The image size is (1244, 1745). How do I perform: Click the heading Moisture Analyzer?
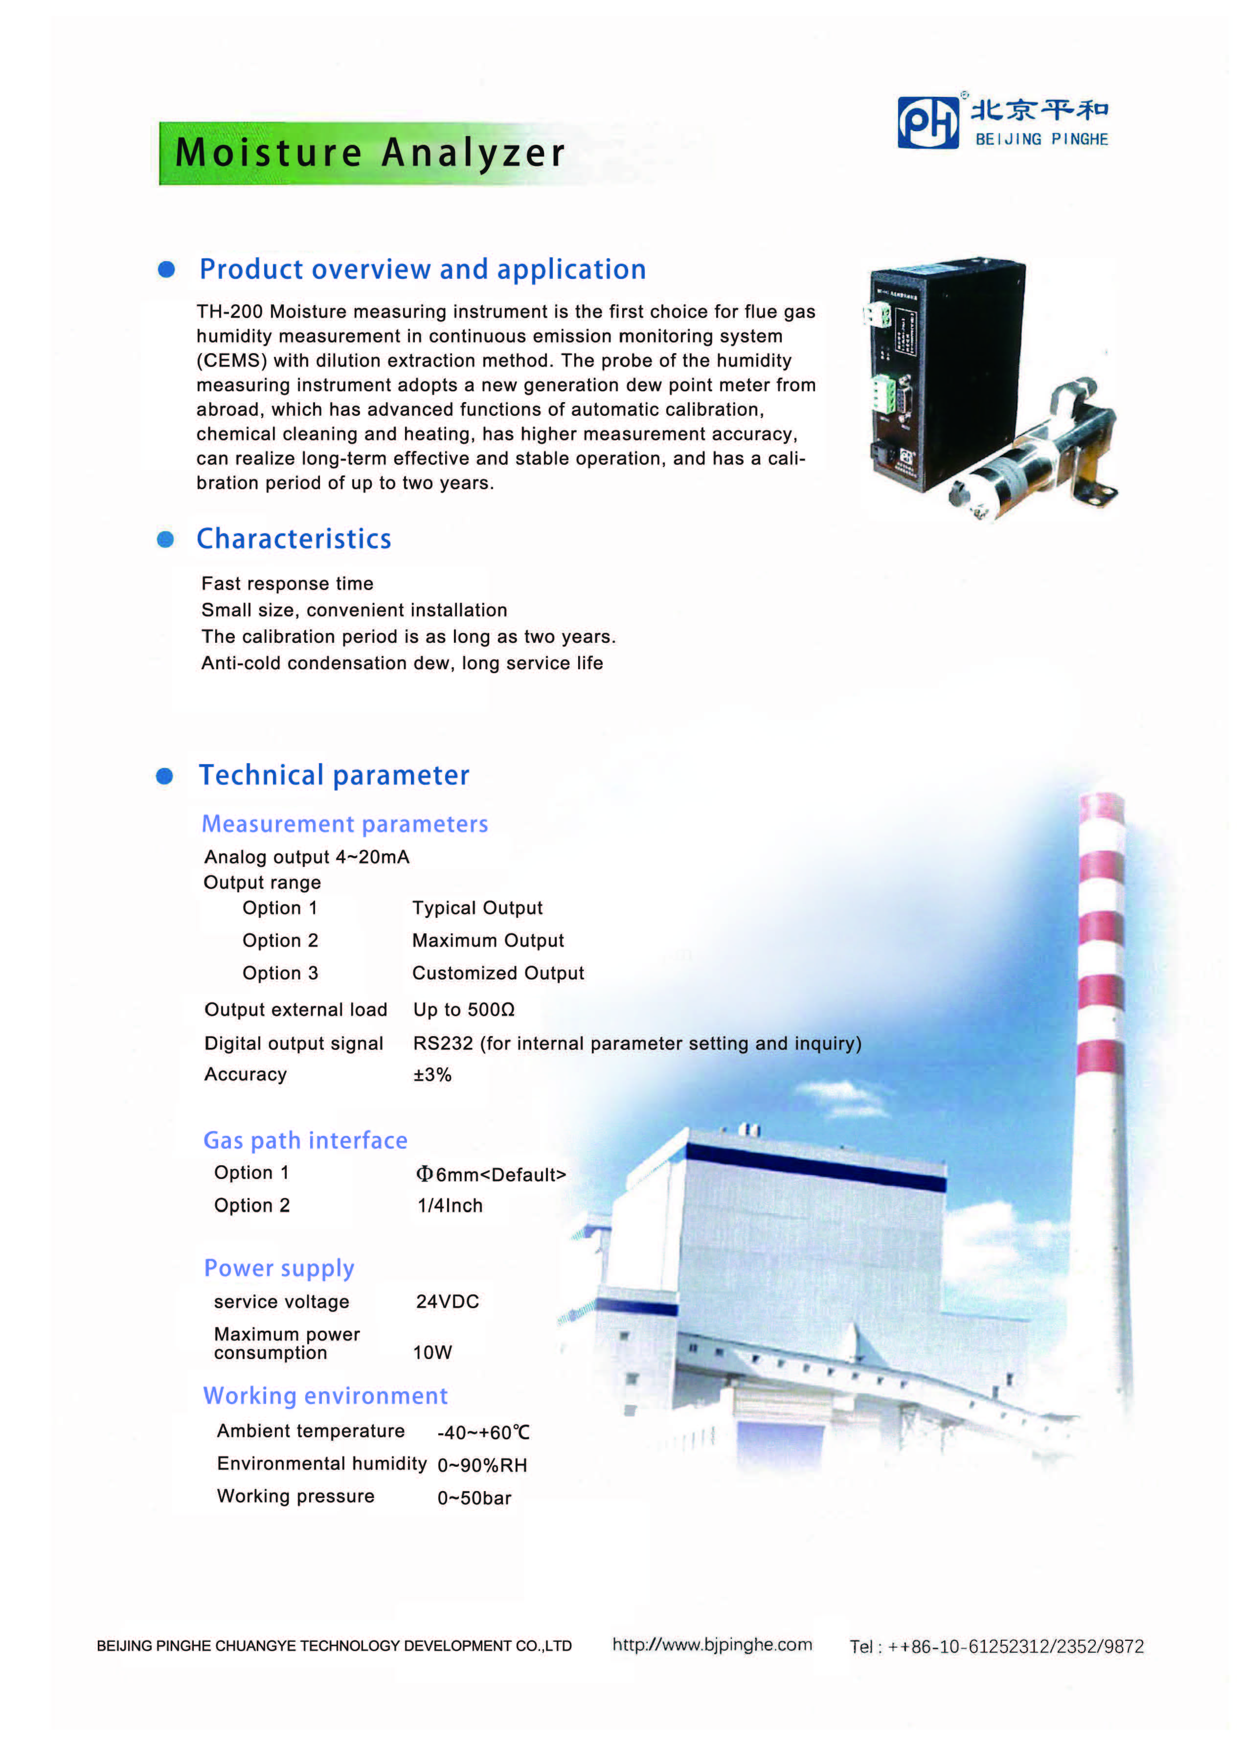pos(370,153)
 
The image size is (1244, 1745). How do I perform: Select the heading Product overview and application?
pos(422,270)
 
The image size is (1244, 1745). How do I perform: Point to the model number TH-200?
pos(229,312)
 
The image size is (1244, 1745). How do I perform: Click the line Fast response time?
pos(287,584)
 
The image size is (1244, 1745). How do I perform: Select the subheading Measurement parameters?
pos(345,824)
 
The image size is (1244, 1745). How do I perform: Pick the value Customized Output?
pos(498,973)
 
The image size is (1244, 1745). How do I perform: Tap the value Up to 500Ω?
pos(463,1010)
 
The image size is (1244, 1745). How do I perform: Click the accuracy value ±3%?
pos(432,1075)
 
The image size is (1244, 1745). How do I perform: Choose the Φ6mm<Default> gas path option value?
pos(490,1174)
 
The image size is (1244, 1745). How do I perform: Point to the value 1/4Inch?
pos(450,1206)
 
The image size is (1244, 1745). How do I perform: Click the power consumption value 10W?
pos(432,1353)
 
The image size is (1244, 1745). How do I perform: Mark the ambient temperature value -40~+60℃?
pos(483,1432)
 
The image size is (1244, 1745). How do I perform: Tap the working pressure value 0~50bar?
pos(474,1498)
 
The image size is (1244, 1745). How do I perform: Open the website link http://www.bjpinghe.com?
pos(712,1645)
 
